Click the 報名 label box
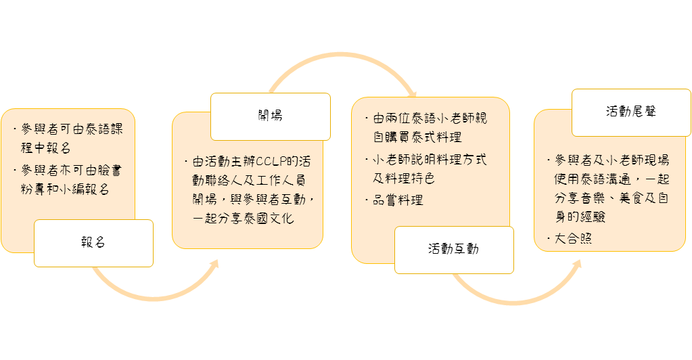pos(93,243)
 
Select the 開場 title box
pos(271,116)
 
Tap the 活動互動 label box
pos(454,250)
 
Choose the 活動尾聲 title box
pos(632,112)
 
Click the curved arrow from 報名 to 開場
pos(154,298)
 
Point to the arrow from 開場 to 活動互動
pos(342,55)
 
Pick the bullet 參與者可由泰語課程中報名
pos(68,139)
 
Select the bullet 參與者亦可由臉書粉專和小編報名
pos(68,180)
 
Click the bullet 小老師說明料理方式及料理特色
pos(426,168)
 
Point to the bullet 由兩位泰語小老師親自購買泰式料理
pos(426,128)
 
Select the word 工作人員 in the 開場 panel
pos(281,181)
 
